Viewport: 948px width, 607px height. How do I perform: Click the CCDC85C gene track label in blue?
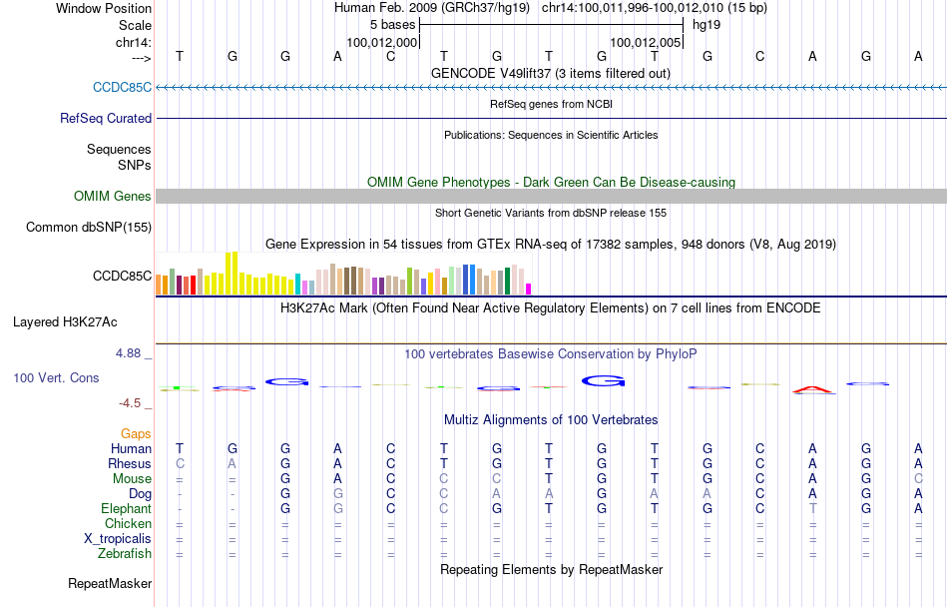click(122, 87)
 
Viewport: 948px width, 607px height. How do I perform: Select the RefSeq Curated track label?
click(106, 118)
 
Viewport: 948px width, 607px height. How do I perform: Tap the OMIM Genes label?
click(113, 196)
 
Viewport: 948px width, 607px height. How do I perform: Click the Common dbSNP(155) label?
click(89, 227)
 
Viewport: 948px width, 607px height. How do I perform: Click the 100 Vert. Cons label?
click(57, 378)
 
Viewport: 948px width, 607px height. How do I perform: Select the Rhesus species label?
click(130, 463)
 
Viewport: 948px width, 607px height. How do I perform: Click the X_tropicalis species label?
click(118, 538)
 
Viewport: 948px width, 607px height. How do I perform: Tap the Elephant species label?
click(126, 508)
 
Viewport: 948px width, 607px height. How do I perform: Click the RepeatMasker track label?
click(110, 583)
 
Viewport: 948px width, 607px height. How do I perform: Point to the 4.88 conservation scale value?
click(131, 352)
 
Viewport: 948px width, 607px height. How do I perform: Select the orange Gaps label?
click(136, 433)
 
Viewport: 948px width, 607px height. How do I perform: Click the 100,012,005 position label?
click(645, 43)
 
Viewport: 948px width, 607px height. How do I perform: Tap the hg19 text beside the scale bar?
click(706, 23)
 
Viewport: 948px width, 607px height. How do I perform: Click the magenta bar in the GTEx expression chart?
click(529, 289)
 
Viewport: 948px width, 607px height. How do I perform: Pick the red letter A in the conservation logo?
click(813, 389)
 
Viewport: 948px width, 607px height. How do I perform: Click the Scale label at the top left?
click(135, 25)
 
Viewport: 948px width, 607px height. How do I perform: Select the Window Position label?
click(104, 8)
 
